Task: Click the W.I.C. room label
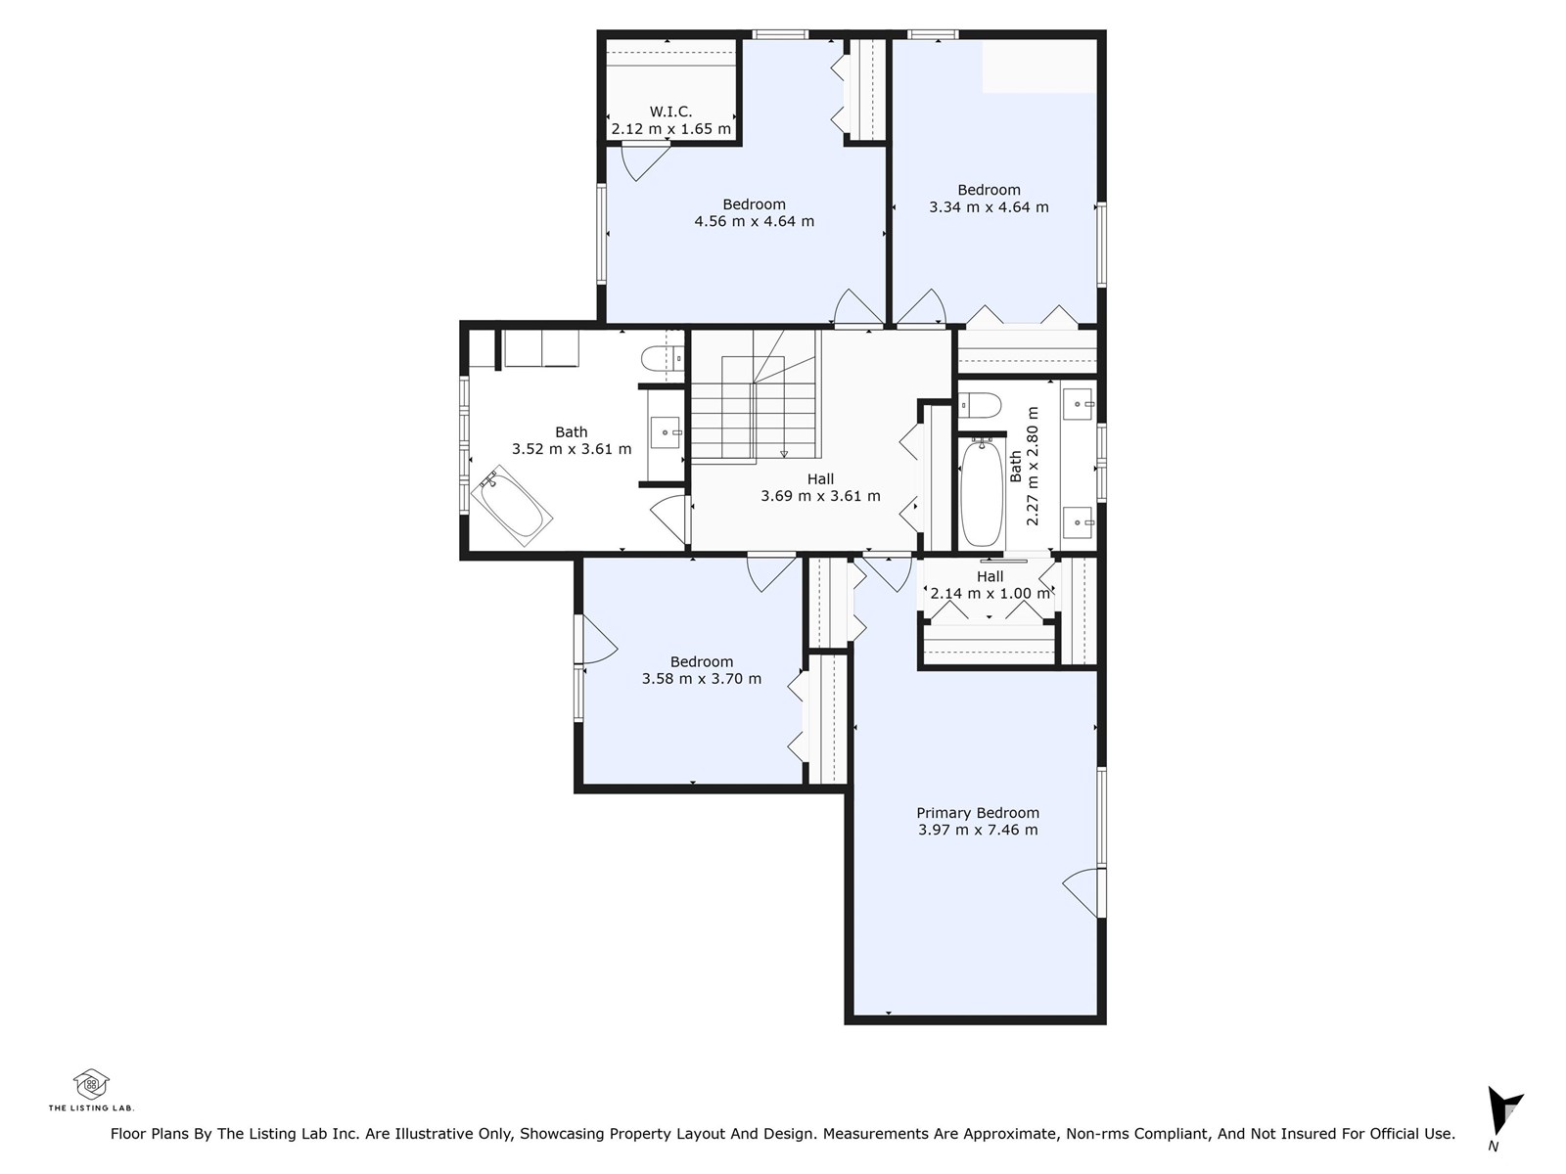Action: click(x=669, y=112)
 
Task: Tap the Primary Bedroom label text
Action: click(x=978, y=813)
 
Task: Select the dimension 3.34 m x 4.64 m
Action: click(x=989, y=207)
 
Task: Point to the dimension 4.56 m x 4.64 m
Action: click(x=754, y=222)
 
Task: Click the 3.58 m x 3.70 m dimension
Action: click(x=702, y=679)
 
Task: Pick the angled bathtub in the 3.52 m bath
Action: click(x=512, y=506)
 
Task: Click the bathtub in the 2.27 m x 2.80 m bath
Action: click(x=982, y=492)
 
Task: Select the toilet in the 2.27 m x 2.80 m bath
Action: click(x=980, y=404)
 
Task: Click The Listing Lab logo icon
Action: click(x=91, y=1084)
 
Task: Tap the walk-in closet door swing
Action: click(x=645, y=162)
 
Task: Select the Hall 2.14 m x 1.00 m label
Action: click(x=990, y=585)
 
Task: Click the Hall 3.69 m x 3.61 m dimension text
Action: click(x=820, y=496)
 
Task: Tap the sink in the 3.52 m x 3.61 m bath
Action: click(x=667, y=432)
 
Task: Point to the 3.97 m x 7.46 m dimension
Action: click(x=978, y=830)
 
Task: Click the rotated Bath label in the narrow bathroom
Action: click(x=1016, y=467)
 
